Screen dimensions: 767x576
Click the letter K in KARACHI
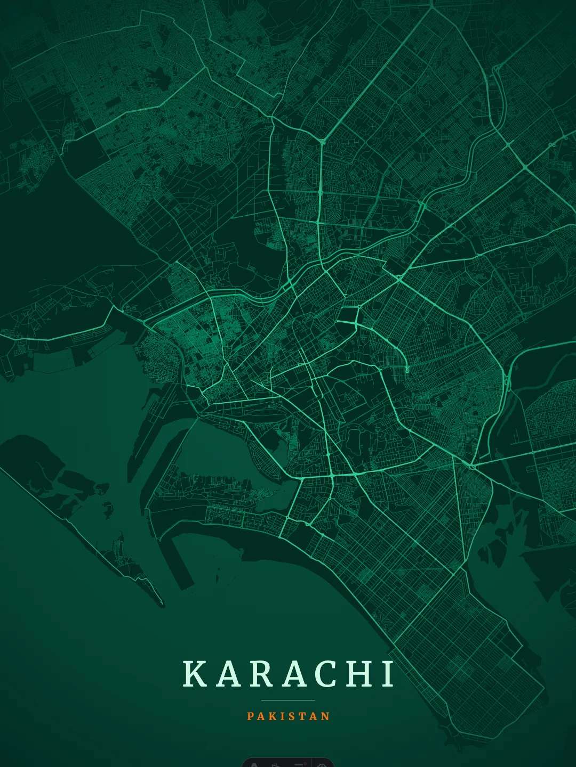[x=195, y=674]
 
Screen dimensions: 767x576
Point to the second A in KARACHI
[x=295, y=674]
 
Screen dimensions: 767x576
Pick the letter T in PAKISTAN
[x=302, y=716]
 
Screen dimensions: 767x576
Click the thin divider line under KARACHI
[x=288, y=700]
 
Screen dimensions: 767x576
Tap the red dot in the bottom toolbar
[x=306, y=763]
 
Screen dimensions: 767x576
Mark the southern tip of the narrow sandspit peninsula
[x=161, y=605]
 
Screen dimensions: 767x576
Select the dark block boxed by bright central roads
[x=347, y=315]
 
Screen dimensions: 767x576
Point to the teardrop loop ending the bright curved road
[x=407, y=369]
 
